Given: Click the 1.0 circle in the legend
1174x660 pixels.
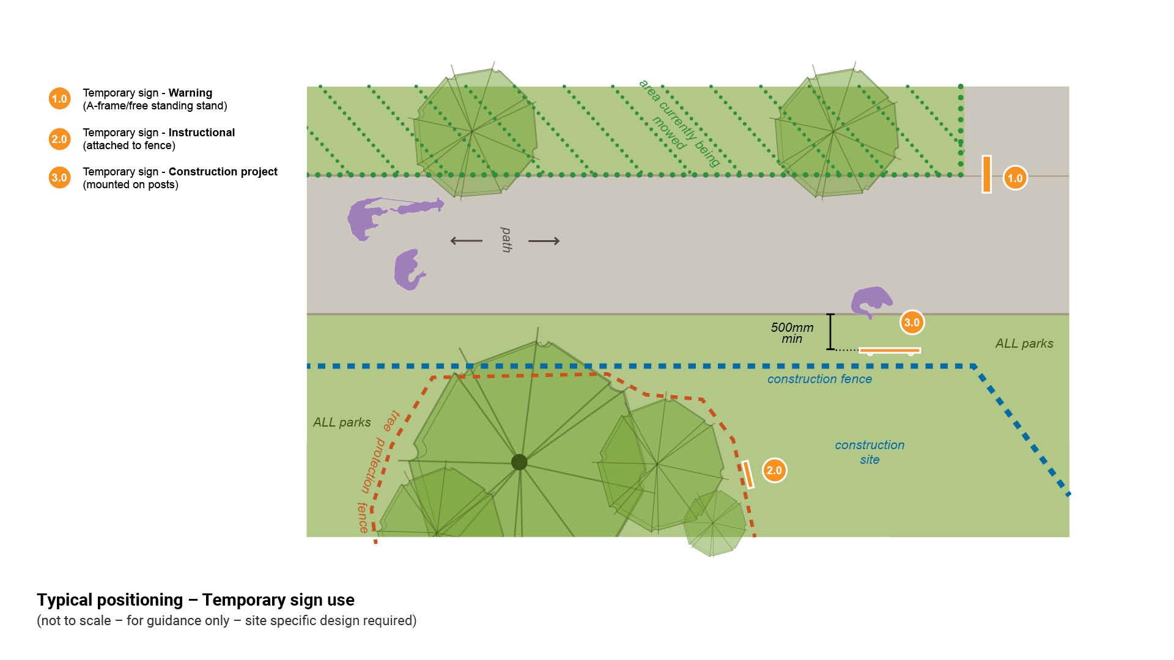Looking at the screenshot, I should pyautogui.click(x=59, y=99).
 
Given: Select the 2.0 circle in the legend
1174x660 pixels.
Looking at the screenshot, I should pyautogui.click(x=59, y=139).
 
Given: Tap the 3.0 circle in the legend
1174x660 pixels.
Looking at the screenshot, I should pyautogui.click(x=59, y=178).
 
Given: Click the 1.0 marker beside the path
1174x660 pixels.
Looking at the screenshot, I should pyautogui.click(x=1015, y=178).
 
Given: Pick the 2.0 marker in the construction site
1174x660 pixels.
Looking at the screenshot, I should pyautogui.click(x=774, y=470).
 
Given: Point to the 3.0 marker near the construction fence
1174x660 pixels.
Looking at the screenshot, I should pyautogui.click(x=912, y=322).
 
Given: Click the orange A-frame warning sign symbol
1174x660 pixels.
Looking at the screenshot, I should pyautogui.click(x=986, y=174).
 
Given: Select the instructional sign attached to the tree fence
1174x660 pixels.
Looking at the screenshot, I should pyautogui.click(x=747, y=474).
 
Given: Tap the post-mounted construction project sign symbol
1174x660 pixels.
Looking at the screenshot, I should pyautogui.click(x=890, y=351).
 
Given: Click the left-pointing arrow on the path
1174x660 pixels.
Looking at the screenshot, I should pyautogui.click(x=466, y=241).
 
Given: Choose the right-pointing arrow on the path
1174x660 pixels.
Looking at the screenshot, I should pyautogui.click(x=544, y=241).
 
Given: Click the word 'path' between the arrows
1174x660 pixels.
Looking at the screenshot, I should pyautogui.click(x=506, y=240).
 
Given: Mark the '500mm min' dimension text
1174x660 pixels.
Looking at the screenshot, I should pyautogui.click(x=792, y=333).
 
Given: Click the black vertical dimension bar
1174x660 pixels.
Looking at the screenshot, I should pyautogui.click(x=830, y=332).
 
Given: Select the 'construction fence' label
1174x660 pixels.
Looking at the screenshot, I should pyautogui.click(x=819, y=379).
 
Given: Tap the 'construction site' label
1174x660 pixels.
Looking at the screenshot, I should pyautogui.click(x=869, y=452).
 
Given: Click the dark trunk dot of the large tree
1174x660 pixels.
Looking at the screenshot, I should pyautogui.click(x=519, y=462).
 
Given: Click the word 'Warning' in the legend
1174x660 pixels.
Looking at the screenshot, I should pyautogui.click(x=190, y=93).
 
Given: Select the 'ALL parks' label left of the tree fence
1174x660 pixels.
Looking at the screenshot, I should pyautogui.click(x=342, y=422).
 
